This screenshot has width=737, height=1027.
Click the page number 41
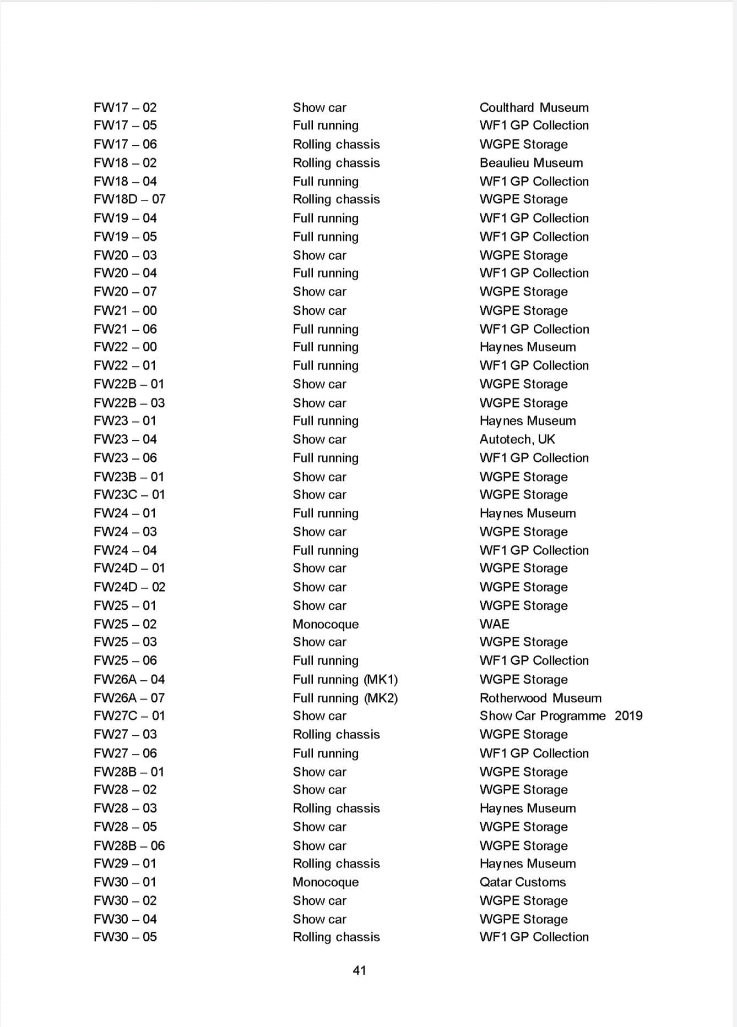[x=359, y=970]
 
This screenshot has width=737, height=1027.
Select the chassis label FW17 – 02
[x=125, y=107]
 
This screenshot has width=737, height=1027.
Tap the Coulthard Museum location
[x=534, y=107]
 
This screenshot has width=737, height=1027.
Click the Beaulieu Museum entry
[x=531, y=163]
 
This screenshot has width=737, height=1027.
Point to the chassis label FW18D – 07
[x=129, y=199]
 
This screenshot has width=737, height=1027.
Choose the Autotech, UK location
[x=517, y=439]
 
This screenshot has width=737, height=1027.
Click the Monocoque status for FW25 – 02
[x=326, y=624]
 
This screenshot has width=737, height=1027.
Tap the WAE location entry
[x=494, y=624]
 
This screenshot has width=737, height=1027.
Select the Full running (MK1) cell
[x=345, y=679]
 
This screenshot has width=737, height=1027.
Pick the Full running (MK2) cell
[x=345, y=698]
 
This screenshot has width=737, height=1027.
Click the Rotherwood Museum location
[x=540, y=698]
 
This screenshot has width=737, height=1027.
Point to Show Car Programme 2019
[x=561, y=715]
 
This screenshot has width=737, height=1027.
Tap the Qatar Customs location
[x=522, y=882]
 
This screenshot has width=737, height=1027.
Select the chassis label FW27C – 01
[x=129, y=715]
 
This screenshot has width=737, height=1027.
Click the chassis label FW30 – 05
[x=125, y=937]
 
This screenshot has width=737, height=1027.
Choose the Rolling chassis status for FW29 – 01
[x=336, y=864]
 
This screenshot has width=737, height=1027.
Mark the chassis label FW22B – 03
[x=129, y=403]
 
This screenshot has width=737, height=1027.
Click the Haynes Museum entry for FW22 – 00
[x=528, y=347]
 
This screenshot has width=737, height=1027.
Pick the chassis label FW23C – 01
[x=129, y=494]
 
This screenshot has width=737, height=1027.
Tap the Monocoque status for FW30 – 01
[x=326, y=882]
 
